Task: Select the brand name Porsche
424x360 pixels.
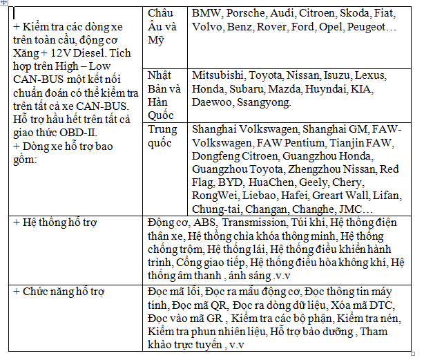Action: (245, 13)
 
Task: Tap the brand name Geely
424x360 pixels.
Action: (313, 182)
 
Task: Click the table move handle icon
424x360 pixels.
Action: (4, 4)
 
